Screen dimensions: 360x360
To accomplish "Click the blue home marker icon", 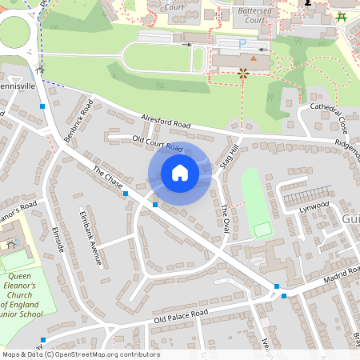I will tap(180, 172).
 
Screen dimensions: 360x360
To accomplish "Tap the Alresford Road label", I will tap(167, 122).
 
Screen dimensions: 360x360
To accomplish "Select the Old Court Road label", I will tap(158, 144).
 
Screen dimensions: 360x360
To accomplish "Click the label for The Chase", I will tap(107, 181).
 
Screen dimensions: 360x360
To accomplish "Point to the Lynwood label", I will tap(314, 206).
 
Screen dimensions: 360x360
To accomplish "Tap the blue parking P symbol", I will tap(243, 42).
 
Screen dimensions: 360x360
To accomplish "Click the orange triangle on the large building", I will tap(254, 58).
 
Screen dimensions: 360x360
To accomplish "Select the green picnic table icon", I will tap(342, 17).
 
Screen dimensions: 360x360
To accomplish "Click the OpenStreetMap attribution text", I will tap(80, 354).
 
